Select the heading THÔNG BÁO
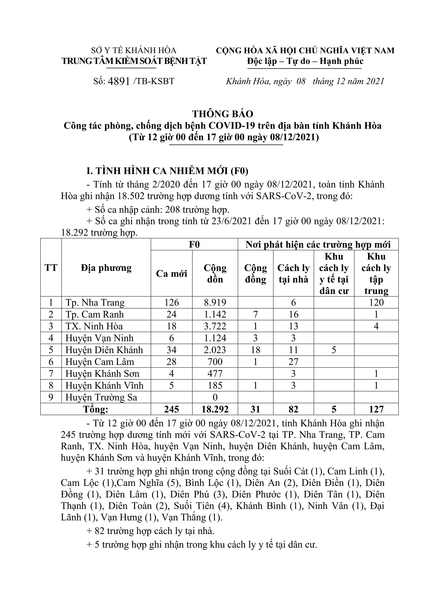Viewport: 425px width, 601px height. [x=223, y=114]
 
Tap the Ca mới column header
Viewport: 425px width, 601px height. [x=171, y=274]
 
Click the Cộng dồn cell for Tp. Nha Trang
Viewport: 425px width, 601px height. [x=215, y=303]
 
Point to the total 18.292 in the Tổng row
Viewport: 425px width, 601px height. [x=215, y=409]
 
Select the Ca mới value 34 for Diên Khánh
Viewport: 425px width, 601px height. [x=171, y=350]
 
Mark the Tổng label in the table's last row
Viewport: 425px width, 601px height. [x=96, y=409]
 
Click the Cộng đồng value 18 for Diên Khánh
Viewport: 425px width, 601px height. [x=255, y=350]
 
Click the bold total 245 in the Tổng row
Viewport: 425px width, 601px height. [x=171, y=409]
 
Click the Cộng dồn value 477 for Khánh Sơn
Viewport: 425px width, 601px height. [x=215, y=374]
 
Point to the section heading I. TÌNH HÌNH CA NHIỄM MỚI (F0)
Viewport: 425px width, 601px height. [x=168, y=171]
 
